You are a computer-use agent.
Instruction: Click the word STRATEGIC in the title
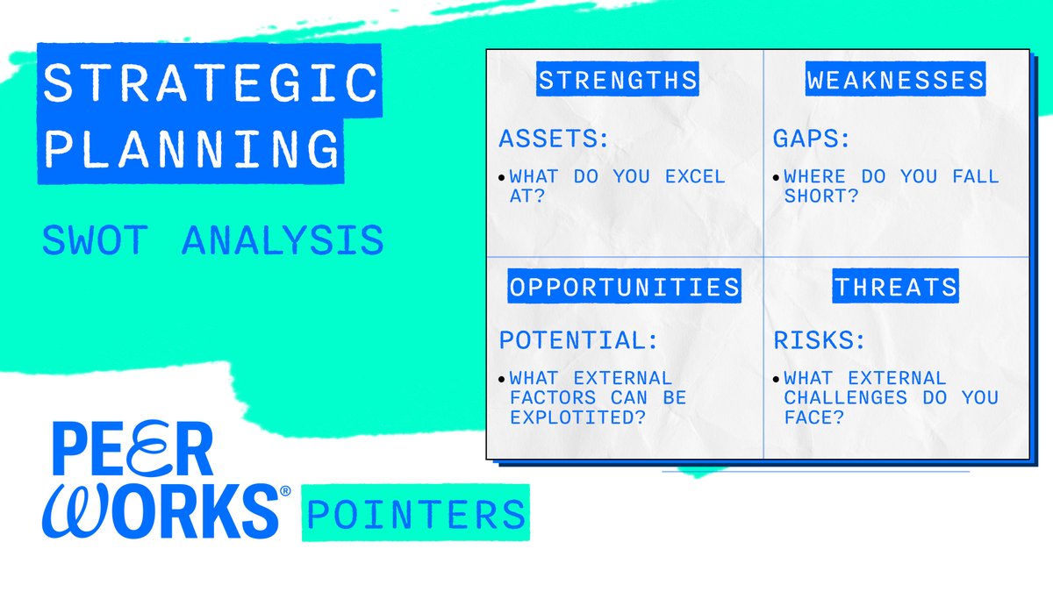coord(210,83)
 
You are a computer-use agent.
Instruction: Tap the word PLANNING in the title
coord(191,148)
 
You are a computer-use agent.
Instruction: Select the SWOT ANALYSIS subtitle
coord(213,240)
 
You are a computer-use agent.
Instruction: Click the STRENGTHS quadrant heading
coord(618,81)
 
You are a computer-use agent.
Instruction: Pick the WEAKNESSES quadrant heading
coord(895,81)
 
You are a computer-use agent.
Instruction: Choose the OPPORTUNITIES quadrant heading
coord(624,287)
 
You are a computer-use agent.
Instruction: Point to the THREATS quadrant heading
coord(895,287)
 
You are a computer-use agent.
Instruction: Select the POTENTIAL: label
coord(578,339)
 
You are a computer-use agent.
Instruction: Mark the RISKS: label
coord(820,339)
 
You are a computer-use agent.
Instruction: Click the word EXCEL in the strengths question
coord(695,176)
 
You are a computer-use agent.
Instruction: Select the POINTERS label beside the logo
coord(415,513)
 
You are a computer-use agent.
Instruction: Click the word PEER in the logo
coord(133,450)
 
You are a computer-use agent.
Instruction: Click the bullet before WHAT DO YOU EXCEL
coord(502,177)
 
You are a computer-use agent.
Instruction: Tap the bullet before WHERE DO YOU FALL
coord(776,177)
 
